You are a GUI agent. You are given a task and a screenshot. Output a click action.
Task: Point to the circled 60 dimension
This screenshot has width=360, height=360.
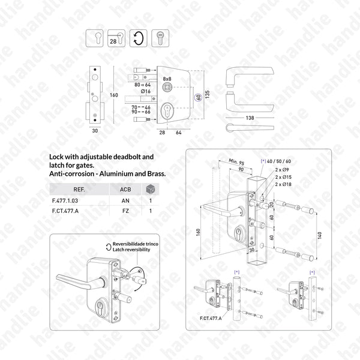click(196, 96)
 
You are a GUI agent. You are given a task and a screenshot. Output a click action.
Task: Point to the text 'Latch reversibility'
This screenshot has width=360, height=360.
click(128, 249)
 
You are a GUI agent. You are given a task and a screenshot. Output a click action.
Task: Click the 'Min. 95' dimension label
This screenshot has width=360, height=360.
click(237, 161)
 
